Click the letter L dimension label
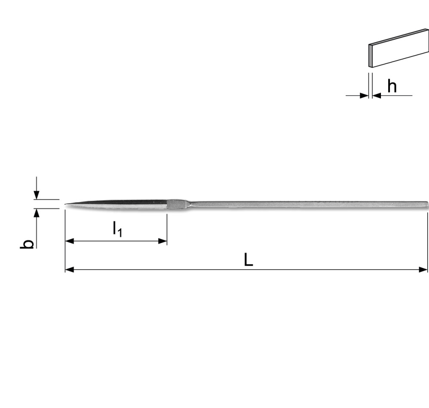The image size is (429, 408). coord(248,260)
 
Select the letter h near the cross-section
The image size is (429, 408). coord(392,87)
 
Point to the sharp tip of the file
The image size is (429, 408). coord(66,204)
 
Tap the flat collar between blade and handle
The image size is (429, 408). coord(176,204)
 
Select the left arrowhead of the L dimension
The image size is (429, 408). coord(69,270)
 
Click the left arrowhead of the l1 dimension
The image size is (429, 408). coord(69,241)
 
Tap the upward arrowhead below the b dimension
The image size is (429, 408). coord(37,213)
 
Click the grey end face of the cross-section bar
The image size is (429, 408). coord(370,56)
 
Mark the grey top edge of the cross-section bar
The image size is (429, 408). coord(399,36)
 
